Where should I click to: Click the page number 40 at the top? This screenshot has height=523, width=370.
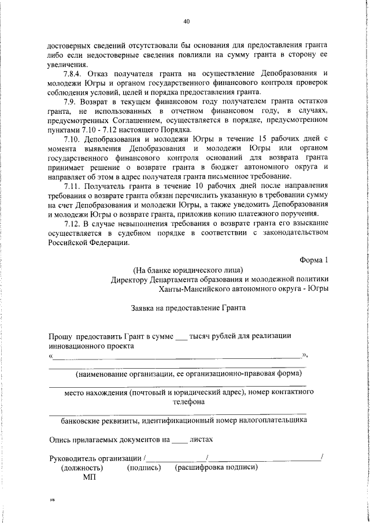pyautogui.click(x=186, y=22)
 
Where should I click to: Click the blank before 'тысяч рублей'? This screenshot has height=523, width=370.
pyautogui.click(x=181, y=336)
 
